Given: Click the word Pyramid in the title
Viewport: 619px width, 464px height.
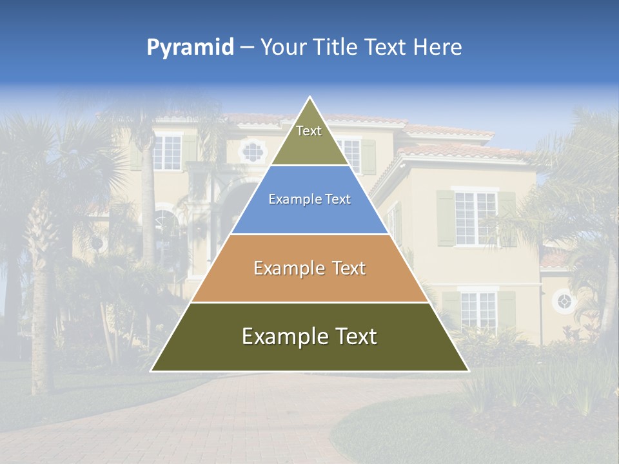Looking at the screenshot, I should (190, 48).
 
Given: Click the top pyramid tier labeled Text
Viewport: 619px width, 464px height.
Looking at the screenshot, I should (309, 139).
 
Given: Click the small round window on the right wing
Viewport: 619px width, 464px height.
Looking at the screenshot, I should (564, 301).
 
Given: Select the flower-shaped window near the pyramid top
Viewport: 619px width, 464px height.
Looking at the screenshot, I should (252, 151).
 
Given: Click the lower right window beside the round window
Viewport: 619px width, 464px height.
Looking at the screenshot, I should (478, 309).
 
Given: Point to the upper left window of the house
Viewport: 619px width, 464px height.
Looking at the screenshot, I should (167, 152).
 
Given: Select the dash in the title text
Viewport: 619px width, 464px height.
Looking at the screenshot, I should (247, 48).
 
